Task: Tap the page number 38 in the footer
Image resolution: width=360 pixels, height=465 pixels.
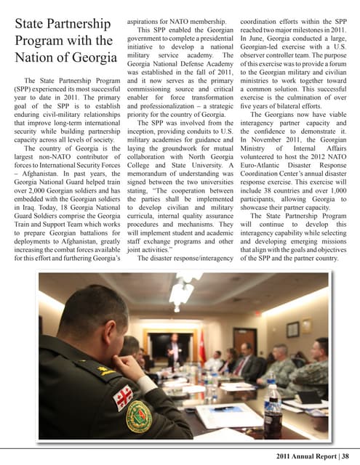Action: coord(351,455)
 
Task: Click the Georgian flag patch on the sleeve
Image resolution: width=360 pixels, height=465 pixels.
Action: coord(124,397)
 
